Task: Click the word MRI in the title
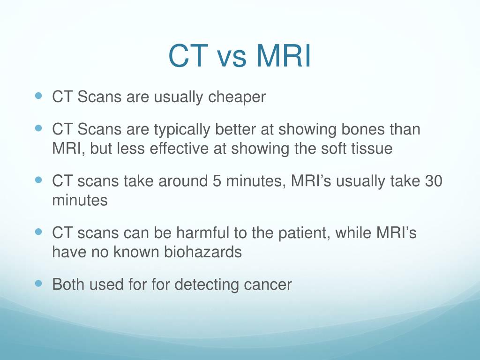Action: tap(284, 56)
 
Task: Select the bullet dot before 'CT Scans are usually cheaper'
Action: tap(38, 96)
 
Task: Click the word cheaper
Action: tap(237, 97)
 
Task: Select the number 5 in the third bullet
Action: tap(217, 181)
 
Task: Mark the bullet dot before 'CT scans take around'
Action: tap(38, 180)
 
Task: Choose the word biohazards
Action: tap(203, 252)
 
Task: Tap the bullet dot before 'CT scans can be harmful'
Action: tap(38, 232)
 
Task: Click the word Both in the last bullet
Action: tap(68, 285)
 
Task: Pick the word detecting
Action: tap(207, 285)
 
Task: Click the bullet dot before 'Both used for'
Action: tap(38, 284)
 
